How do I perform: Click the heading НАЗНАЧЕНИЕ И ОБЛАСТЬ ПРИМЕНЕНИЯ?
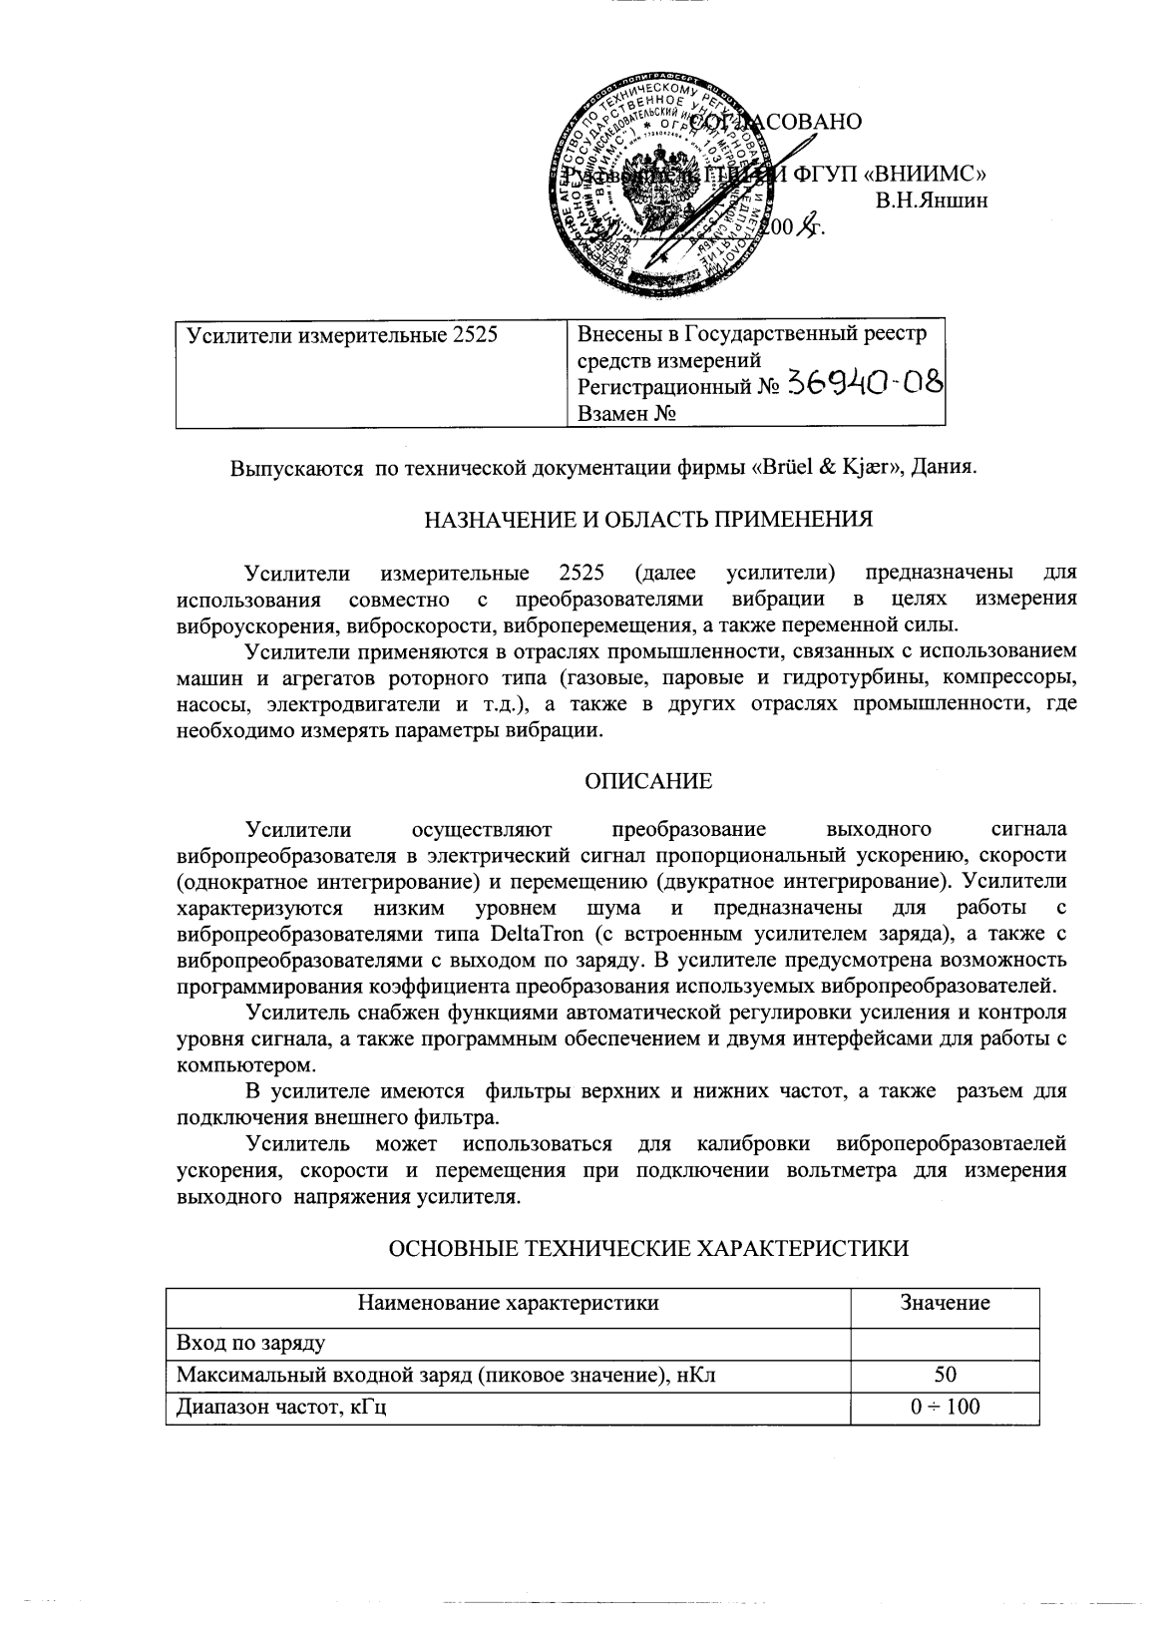pos(648,519)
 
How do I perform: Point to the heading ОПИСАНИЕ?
pos(648,781)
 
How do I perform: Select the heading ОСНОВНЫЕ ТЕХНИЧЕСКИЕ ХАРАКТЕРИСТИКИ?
pos(648,1248)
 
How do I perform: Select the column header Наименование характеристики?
pos(508,1303)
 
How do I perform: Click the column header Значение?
pos(944,1303)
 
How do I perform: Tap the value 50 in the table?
pos(945,1374)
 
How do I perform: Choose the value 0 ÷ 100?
pos(945,1408)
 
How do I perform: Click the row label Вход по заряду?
pos(250,1339)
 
